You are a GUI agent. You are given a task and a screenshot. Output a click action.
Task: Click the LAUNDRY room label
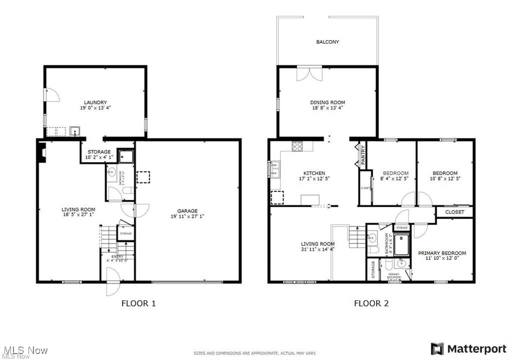pyautogui.click(x=95, y=102)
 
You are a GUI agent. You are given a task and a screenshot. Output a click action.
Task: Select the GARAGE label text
pyautogui.click(x=187, y=211)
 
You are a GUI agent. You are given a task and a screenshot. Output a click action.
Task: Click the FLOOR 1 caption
pyautogui.click(x=139, y=303)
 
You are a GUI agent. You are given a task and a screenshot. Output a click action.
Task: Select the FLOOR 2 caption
pyautogui.click(x=371, y=303)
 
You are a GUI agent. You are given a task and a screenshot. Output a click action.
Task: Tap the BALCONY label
pyautogui.click(x=327, y=42)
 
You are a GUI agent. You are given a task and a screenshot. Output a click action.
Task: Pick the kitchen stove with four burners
pyautogui.click(x=297, y=146)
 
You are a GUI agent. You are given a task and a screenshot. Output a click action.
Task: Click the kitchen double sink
pyautogui.click(x=274, y=169)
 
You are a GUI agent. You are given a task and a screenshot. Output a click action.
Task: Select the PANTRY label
pyautogui.click(x=363, y=156)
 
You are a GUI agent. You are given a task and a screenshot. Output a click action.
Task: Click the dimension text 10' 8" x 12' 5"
pyautogui.click(x=444, y=178)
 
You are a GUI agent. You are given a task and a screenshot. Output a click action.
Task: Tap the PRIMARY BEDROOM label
pyautogui.click(x=442, y=253)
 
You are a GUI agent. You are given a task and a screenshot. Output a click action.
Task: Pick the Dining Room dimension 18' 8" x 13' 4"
pyautogui.click(x=327, y=108)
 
